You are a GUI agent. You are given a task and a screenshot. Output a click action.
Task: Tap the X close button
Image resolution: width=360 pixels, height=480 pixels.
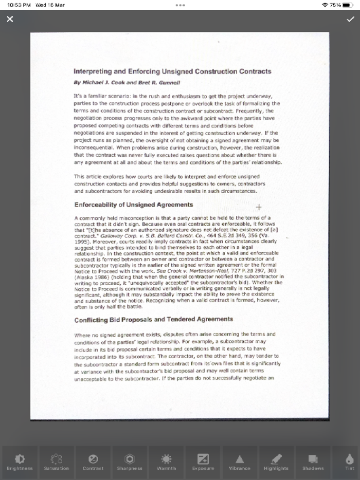pos(10,20)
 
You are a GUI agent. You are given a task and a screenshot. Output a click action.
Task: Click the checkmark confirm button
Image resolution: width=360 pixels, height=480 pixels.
pos(350,20)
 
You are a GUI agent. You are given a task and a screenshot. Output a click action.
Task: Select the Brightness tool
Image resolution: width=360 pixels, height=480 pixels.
pos(20,461)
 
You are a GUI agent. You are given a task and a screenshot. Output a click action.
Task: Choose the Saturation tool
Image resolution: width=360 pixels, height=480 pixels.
pos(57,461)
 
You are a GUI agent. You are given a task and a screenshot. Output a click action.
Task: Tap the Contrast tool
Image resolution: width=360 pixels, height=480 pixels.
pos(93,461)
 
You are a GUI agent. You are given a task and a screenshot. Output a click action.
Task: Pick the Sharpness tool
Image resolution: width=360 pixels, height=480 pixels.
pos(130,461)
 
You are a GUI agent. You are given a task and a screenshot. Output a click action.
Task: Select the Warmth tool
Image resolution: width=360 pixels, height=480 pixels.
pos(167,461)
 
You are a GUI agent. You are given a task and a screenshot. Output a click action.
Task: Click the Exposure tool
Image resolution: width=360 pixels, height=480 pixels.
pos(203,461)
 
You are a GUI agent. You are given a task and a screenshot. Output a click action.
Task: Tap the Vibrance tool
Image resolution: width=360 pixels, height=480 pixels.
pos(240,461)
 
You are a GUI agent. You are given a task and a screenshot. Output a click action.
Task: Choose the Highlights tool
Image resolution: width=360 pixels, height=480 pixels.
pos(276,461)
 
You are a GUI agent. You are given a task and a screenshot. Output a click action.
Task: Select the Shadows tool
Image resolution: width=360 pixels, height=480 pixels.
pos(313,461)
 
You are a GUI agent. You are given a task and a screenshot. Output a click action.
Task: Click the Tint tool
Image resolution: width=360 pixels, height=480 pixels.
pos(350,461)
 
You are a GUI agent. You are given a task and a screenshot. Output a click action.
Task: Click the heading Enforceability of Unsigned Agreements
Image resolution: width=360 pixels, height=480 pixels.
pos(134,205)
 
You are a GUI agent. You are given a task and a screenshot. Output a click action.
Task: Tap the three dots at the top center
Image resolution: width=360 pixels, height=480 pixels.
pos(180,5)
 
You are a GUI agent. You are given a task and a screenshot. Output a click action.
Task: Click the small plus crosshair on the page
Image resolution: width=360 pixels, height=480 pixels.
pos(259,207)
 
